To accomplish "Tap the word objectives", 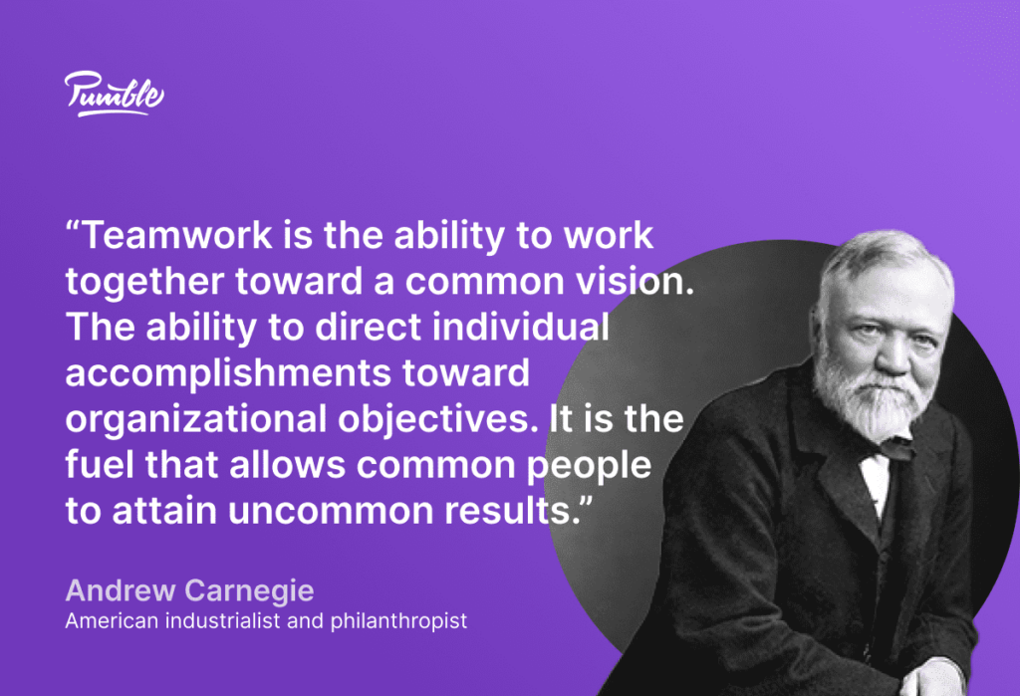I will (x=439, y=419).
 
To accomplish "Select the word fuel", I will (x=97, y=464).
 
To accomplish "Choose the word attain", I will (x=159, y=510).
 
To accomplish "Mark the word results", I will (x=519, y=510).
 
